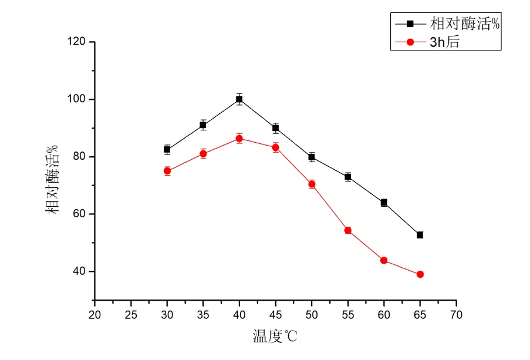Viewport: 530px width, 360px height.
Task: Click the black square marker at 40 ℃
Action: [239, 99]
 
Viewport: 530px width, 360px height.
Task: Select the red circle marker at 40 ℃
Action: [239, 139]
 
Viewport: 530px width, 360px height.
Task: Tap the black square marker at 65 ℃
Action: [420, 235]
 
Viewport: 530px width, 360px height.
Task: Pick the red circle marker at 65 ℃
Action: [420, 274]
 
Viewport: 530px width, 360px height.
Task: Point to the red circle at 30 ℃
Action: [167, 171]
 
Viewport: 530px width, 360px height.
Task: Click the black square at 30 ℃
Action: [167, 149]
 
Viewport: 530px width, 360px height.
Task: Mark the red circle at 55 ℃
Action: [347, 230]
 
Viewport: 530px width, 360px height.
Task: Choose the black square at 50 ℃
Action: [312, 157]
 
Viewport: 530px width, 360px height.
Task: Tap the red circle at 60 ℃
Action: [384, 260]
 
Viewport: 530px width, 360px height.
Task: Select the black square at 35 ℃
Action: [203, 125]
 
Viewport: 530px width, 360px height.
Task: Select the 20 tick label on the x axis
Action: [94, 315]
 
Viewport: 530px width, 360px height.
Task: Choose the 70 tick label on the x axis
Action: [456, 315]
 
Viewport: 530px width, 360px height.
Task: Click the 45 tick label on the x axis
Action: [275, 315]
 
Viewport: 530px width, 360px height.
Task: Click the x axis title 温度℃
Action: [275, 337]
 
